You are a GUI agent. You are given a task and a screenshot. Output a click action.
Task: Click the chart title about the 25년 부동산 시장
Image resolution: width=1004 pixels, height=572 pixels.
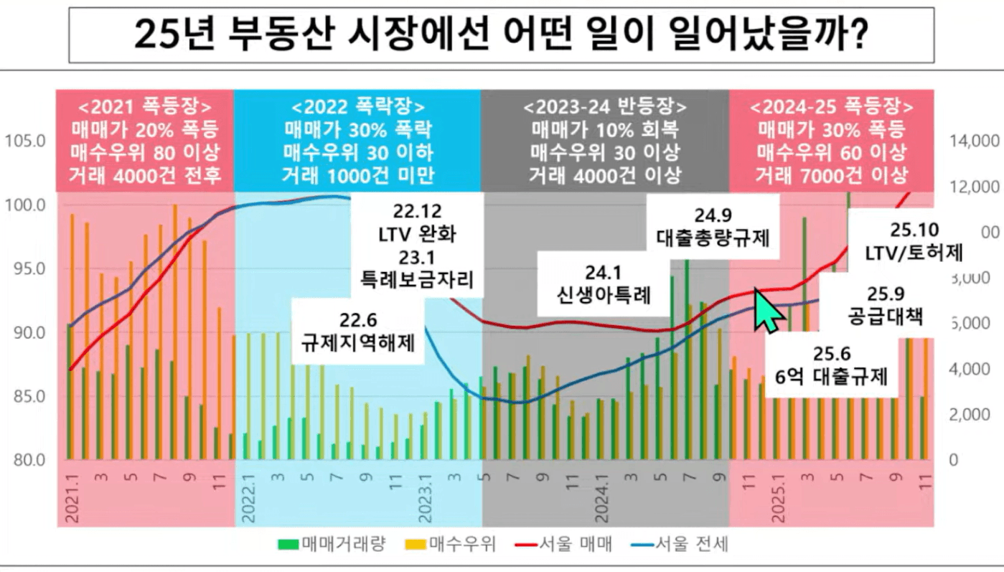click(500, 35)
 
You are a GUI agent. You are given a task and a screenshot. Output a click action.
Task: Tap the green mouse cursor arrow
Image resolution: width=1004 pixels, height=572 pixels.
click(766, 309)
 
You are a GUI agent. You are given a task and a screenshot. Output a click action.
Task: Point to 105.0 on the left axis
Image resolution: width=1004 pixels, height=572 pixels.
click(25, 141)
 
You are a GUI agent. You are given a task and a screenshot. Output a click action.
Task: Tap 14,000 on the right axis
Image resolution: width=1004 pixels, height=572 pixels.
click(974, 141)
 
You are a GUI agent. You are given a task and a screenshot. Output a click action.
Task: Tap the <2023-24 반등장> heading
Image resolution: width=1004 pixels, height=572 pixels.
click(605, 108)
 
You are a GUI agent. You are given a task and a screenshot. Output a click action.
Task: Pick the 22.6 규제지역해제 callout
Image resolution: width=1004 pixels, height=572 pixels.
click(358, 331)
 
